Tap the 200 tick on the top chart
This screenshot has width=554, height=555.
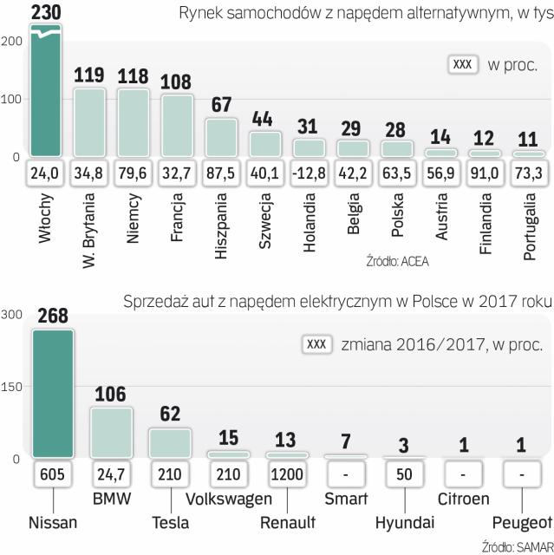(12, 42)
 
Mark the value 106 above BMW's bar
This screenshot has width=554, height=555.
(111, 395)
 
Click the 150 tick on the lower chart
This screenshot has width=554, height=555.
(12, 387)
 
